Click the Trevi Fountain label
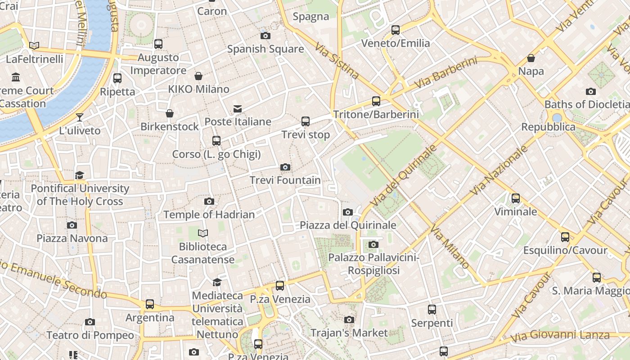click(x=285, y=180)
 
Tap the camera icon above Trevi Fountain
click(x=285, y=167)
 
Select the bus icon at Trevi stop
click(x=306, y=121)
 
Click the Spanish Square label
click(x=265, y=49)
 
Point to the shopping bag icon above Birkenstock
click(x=170, y=113)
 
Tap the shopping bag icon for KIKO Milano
click(x=198, y=76)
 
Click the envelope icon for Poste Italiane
click(x=238, y=109)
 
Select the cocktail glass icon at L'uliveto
click(x=80, y=117)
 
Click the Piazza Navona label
click(x=72, y=238)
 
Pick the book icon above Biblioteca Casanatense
click(x=203, y=233)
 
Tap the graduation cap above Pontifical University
click(x=80, y=175)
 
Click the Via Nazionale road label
click(x=499, y=170)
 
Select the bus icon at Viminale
click(x=516, y=198)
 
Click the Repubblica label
click(x=548, y=127)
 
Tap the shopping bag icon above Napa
click(x=531, y=58)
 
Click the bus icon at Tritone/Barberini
click(x=376, y=101)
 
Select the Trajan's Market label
click(x=349, y=333)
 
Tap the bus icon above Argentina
click(x=150, y=305)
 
